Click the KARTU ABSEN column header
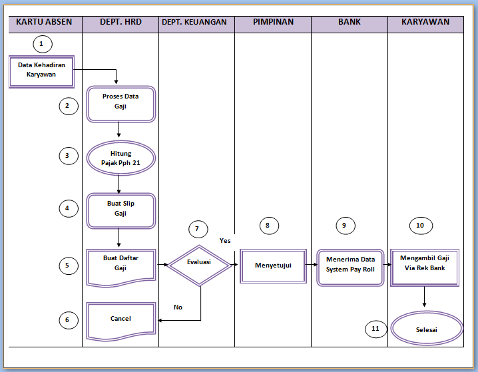(x=44, y=22)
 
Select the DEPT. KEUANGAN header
(x=194, y=22)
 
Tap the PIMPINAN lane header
(x=272, y=22)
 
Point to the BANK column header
(x=349, y=22)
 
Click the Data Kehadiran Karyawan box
(x=41, y=71)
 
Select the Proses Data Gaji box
(x=120, y=101)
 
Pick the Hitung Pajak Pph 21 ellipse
(x=120, y=158)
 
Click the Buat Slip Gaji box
(x=120, y=209)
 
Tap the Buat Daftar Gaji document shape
(x=120, y=264)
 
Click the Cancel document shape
(x=120, y=319)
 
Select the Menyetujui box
(x=272, y=266)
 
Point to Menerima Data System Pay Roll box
(x=350, y=265)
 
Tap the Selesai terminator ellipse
(x=427, y=329)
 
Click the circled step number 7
(x=197, y=229)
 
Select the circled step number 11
(x=375, y=328)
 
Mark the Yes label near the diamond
(x=225, y=240)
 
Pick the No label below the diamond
(x=178, y=307)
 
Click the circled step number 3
(x=68, y=156)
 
